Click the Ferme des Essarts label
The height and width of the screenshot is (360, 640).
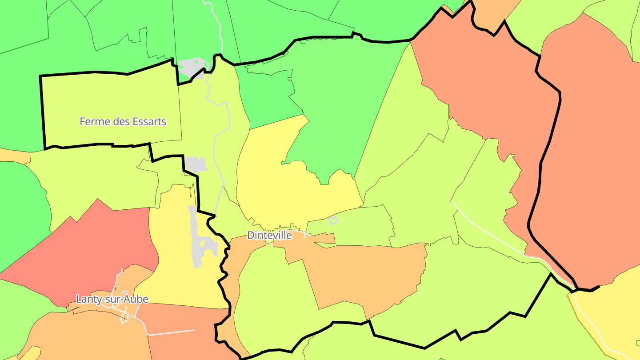123,121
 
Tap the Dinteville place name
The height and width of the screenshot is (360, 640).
269,236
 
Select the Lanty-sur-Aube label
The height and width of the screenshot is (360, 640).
112,299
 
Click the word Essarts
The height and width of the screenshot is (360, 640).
145,121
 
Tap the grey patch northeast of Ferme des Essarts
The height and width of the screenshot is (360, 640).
191,68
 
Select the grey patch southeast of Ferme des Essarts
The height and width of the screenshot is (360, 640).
196,164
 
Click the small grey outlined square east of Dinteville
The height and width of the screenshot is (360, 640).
333,220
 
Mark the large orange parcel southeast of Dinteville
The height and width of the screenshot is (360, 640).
364,271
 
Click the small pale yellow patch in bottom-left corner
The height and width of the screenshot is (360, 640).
31,353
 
